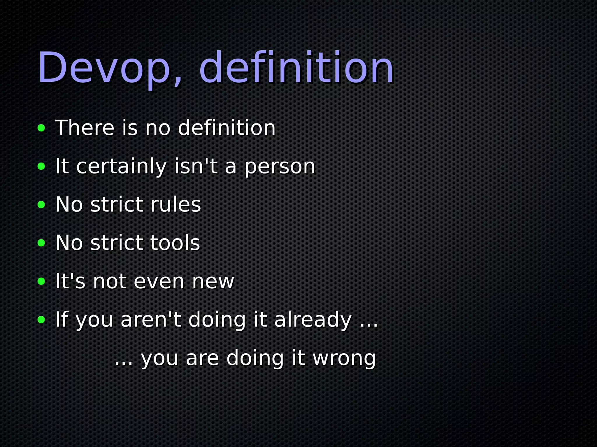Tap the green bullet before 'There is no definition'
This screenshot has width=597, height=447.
pyautogui.click(x=41, y=128)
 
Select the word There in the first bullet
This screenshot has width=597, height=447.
pyautogui.click(x=85, y=128)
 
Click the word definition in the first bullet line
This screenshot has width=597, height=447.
pyautogui.click(x=226, y=128)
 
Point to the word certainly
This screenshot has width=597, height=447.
pyautogui.click(x=122, y=166)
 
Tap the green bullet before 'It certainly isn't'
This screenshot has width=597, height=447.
pyautogui.click(x=41, y=166)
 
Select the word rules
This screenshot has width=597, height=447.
pyautogui.click(x=175, y=205)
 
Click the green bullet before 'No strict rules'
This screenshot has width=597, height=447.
pyautogui.click(x=41, y=205)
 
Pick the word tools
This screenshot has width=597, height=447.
pyautogui.click(x=175, y=243)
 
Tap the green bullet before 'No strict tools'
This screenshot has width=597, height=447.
pyautogui.click(x=41, y=243)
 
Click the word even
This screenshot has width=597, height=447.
pyautogui.click(x=159, y=282)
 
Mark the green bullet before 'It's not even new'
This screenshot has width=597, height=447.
pyautogui.click(x=41, y=281)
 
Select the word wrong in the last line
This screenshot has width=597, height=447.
pyautogui.click(x=344, y=359)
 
